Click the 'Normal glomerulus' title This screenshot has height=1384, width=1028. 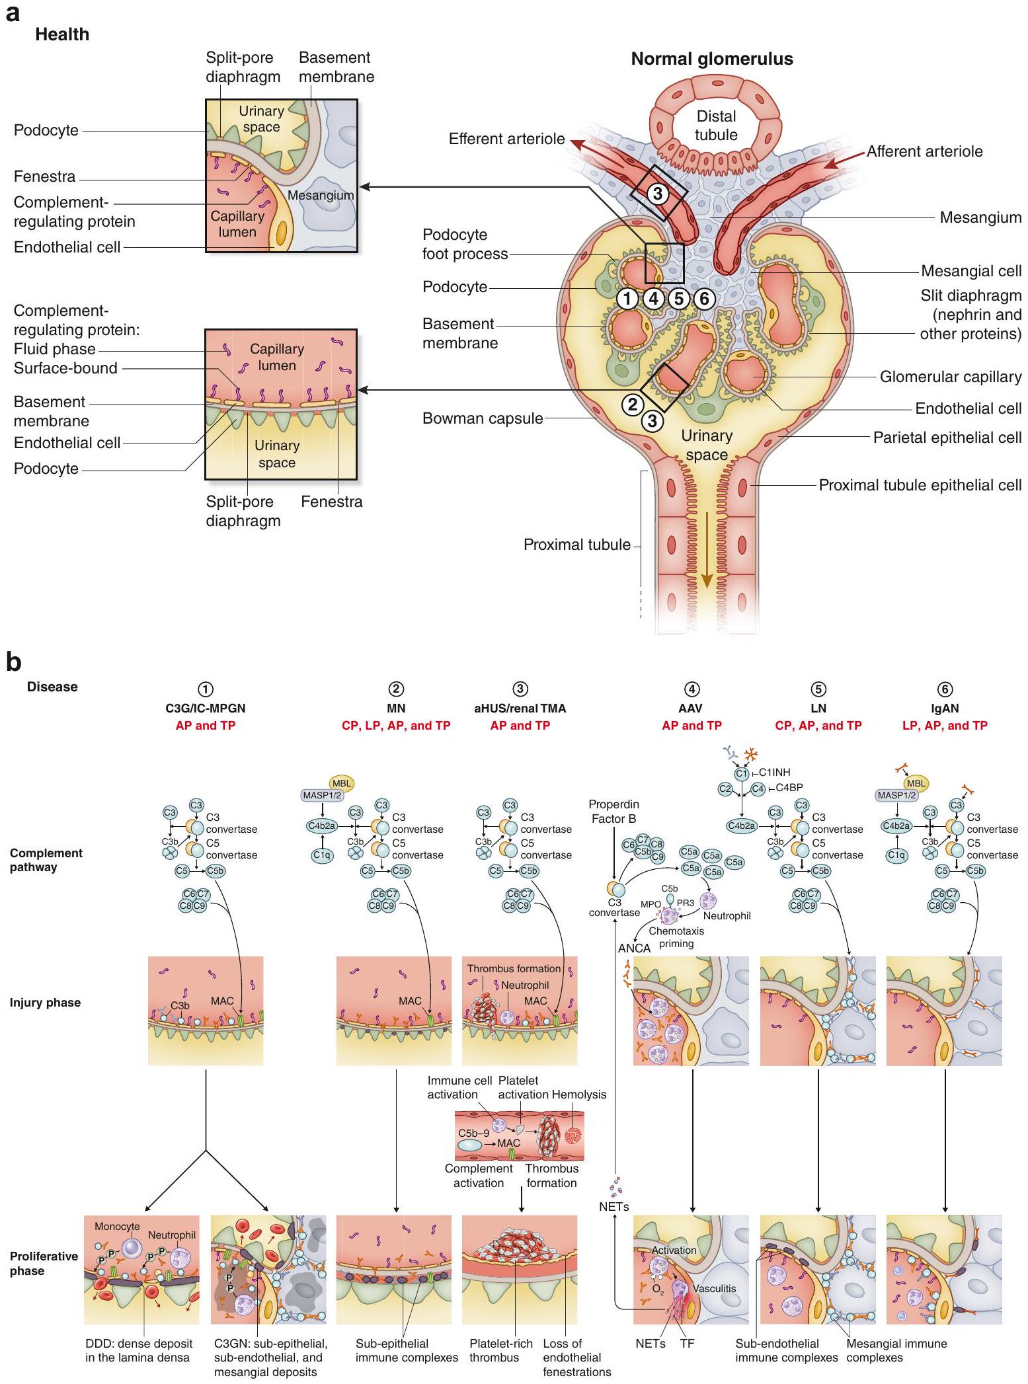click(711, 59)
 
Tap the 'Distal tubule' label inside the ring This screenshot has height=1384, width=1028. click(716, 126)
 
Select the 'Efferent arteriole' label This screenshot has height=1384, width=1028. click(506, 139)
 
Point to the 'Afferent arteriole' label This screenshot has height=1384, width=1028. click(924, 151)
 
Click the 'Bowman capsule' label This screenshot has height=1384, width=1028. click(483, 418)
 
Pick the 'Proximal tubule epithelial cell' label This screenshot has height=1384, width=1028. click(920, 485)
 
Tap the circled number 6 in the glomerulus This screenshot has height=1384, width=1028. click(704, 299)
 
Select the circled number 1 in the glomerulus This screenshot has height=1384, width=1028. click(627, 299)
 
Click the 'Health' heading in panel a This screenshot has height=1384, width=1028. click(62, 34)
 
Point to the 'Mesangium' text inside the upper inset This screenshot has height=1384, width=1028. click(321, 195)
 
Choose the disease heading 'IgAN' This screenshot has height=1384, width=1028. click(945, 708)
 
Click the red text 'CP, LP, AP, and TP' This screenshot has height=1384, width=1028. click(396, 725)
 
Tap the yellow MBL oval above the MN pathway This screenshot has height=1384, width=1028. click(342, 783)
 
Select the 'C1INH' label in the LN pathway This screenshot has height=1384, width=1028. click(774, 772)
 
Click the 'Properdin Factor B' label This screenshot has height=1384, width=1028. click(613, 812)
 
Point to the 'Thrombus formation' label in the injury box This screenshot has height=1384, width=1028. click(514, 968)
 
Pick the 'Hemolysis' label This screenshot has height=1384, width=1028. click(578, 1094)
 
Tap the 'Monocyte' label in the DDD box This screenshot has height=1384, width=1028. click(117, 1226)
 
